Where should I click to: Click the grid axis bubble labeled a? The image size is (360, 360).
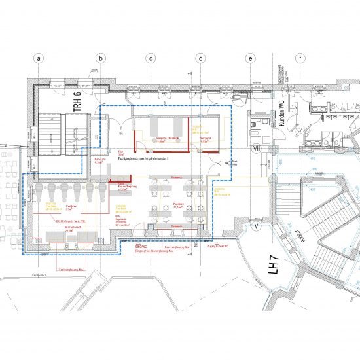[x=39, y=58]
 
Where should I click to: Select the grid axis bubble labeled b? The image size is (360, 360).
[x=100, y=58]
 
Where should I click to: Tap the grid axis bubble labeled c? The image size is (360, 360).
[x=151, y=58]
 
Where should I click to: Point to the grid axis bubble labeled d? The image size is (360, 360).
[x=201, y=58]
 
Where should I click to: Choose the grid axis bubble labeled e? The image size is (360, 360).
[x=250, y=58]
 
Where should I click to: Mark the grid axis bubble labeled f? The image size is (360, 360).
[x=300, y=58]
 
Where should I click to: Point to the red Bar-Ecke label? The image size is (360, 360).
[x=98, y=160]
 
